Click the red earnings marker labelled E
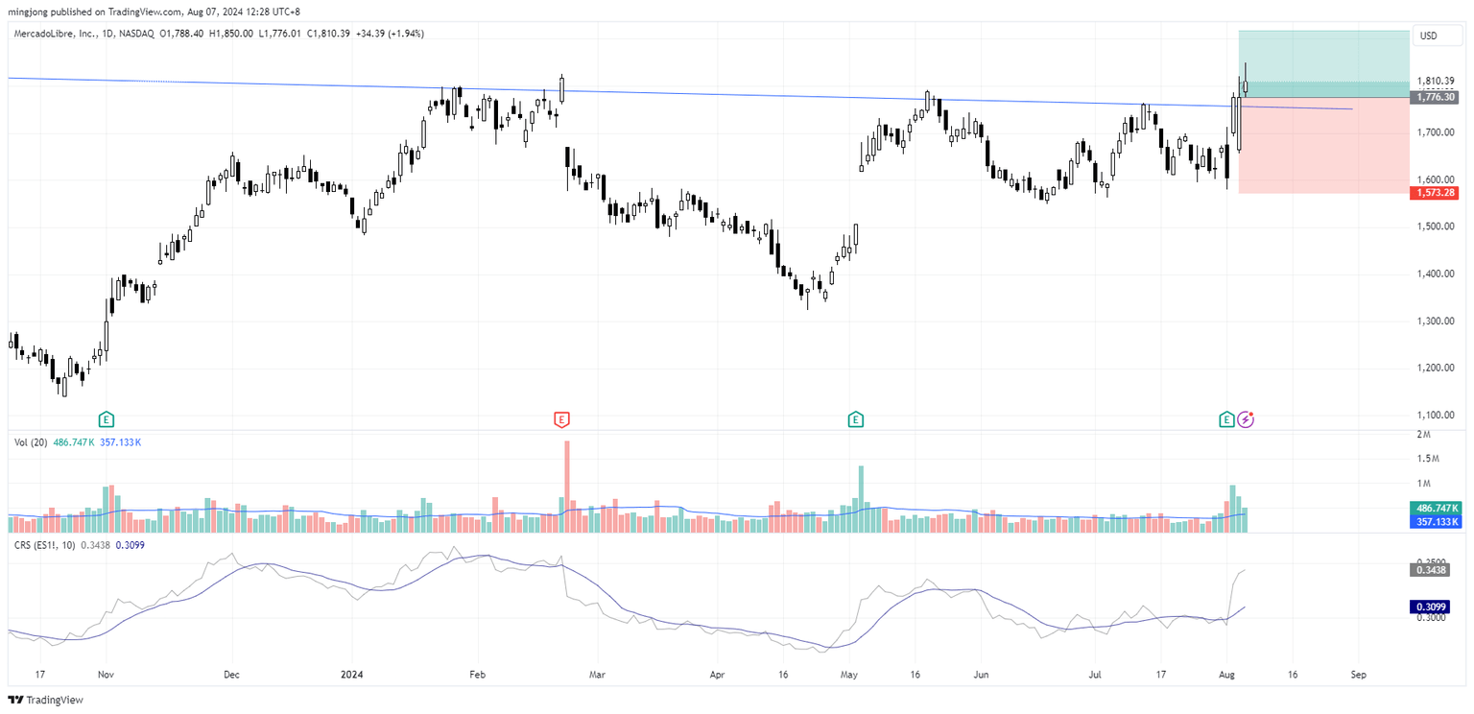561,418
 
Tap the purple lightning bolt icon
1246,418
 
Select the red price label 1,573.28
1434,193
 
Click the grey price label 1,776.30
1434,97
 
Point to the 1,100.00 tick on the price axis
1434,416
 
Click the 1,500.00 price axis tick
1434,227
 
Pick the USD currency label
1428,36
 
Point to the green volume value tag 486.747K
1435,507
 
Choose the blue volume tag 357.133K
1435,522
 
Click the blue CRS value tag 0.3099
1435,607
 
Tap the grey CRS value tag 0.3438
1435,570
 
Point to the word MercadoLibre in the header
44,34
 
